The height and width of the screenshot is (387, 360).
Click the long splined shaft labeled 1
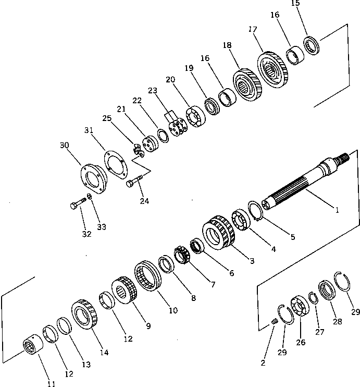(x=302, y=183)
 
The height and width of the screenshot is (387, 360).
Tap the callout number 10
(x=172, y=310)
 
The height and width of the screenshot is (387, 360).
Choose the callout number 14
(x=104, y=352)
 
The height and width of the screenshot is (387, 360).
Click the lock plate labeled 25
(x=136, y=150)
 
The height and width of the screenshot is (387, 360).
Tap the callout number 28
(x=338, y=321)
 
